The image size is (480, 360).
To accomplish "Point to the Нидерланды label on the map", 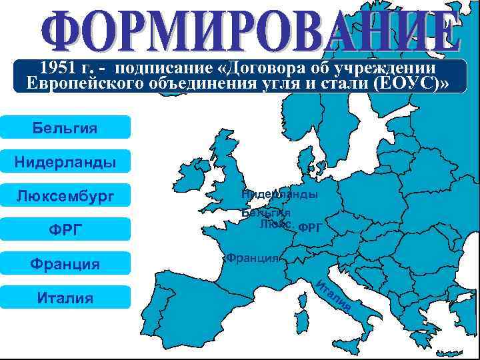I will coord(279,194).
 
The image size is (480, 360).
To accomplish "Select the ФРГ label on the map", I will coord(311,227).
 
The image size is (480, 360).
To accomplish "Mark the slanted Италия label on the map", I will coord(333,296).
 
